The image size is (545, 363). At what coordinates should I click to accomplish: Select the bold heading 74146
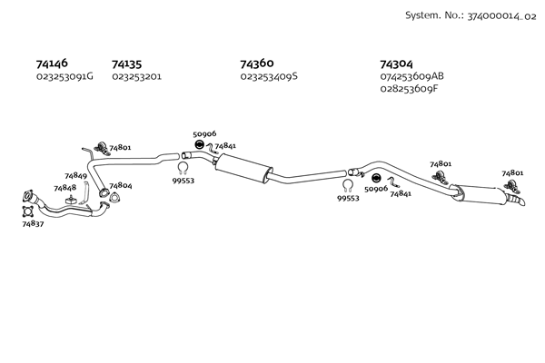51,64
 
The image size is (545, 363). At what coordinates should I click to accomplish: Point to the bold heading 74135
126,64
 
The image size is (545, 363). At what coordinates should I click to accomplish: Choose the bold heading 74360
257,64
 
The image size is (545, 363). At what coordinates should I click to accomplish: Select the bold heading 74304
397,64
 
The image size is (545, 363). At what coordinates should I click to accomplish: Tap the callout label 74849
75,176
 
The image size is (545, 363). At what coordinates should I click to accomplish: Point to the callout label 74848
64,188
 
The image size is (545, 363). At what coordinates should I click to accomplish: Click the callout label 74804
120,186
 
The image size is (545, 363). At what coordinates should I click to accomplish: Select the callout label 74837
33,223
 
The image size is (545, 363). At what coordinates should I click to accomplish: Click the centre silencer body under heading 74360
244,167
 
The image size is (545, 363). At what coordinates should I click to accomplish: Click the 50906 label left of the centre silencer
204,133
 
